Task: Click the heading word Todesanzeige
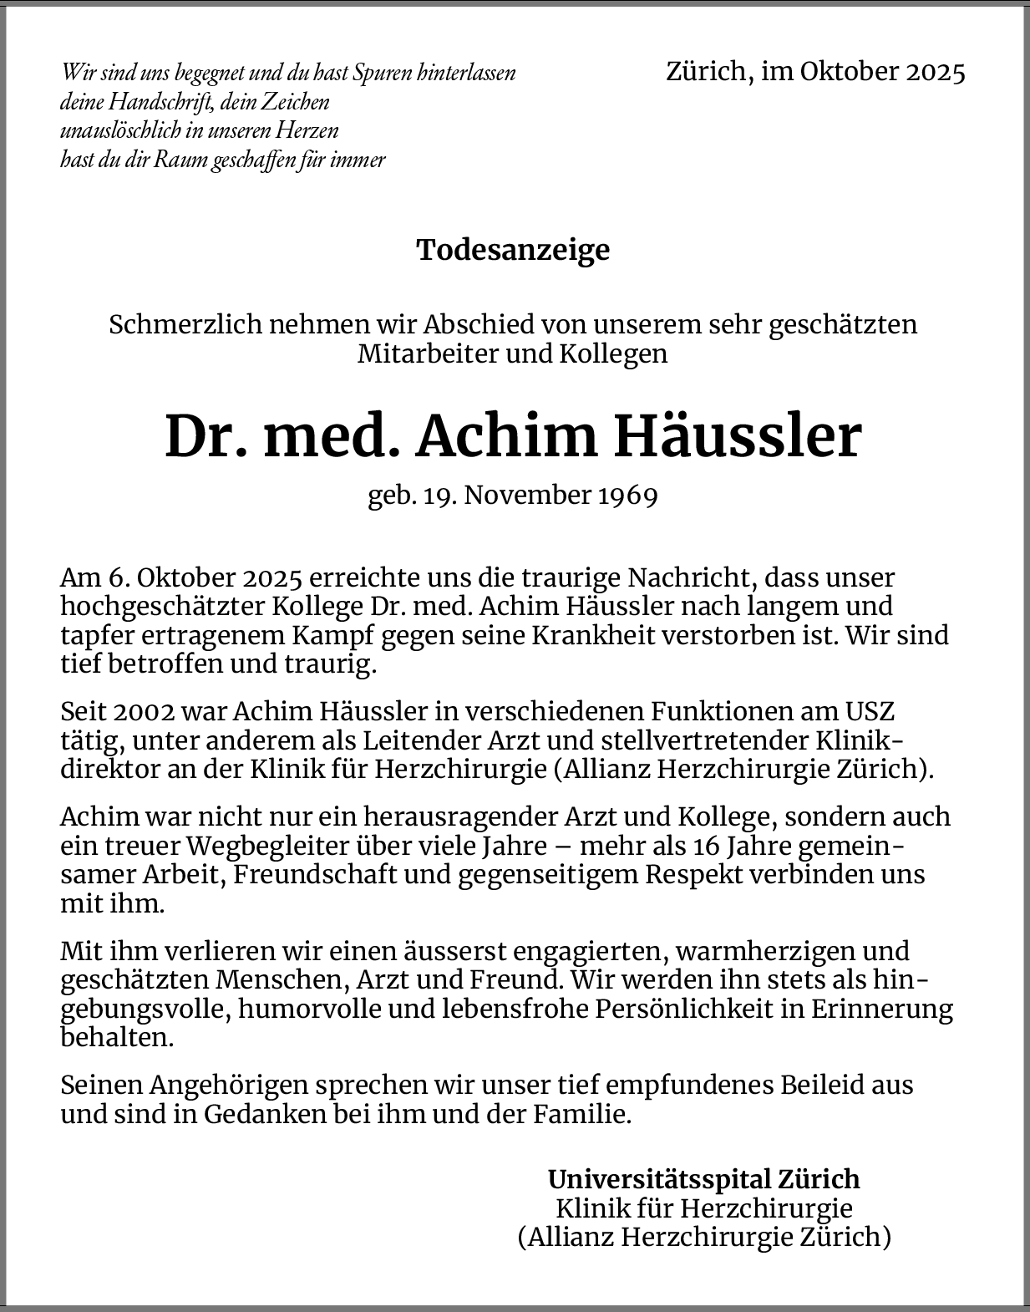[513, 250]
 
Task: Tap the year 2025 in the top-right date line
[932, 72]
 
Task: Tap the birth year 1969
[627, 495]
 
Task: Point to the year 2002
[143, 712]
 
